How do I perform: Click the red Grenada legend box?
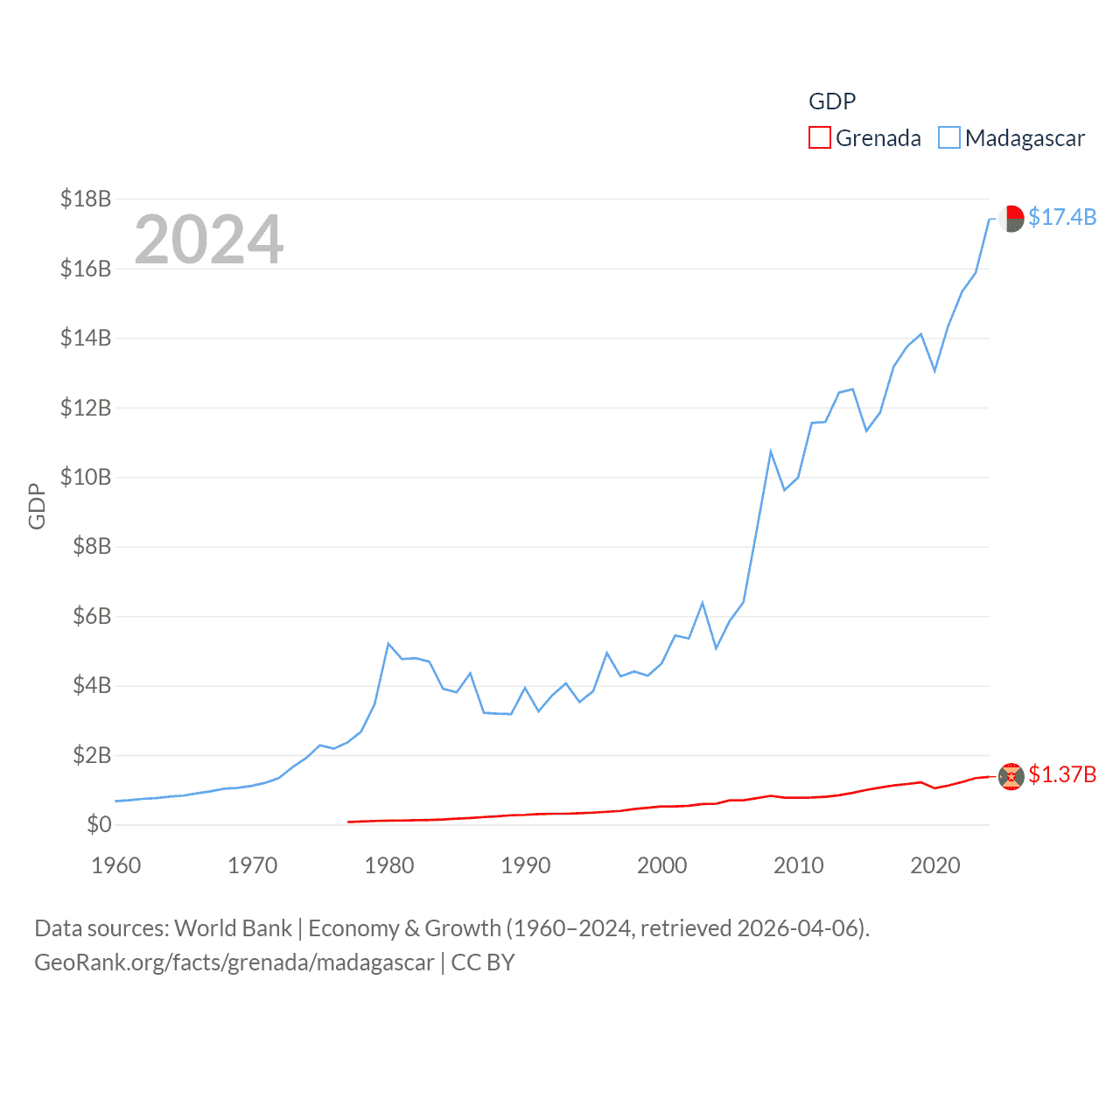pyautogui.click(x=819, y=138)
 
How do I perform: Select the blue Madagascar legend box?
pyautogui.click(x=948, y=138)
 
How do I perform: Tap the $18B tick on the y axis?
pyautogui.click(x=86, y=199)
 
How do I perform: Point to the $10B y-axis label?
pyautogui.click(x=86, y=477)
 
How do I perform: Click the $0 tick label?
pyautogui.click(x=99, y=824)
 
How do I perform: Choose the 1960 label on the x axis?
pyautogui.click(x=116, y=865)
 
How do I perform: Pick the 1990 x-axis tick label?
pyautogui.click(x=526, y=865)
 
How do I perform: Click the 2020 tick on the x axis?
pyautogui.click(x=935, y=865)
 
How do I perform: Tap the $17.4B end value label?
pyautogui.click(x=1062, y=217)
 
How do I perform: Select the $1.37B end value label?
pyautogui.click(x=1062, y=774)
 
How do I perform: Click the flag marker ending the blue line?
pyautogui.click(x=1011, y=219)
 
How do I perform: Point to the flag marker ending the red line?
pyautogui.click(x=1011, y=776)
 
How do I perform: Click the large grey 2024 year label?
pyautogui.click(x=209, y=239)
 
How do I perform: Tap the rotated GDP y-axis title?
pyautogui.click(x=37, y=506)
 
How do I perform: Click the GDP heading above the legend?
pyautogui.click(x=831, y=101)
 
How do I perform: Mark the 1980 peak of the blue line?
pyautogui.click(x=388, y=644)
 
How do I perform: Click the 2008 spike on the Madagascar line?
pyautogui.click(x=771, y=451)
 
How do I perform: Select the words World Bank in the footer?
pyautogui.click(x=233, y=927)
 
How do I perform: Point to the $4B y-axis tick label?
pyautogui.click(x=92, y=685)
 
